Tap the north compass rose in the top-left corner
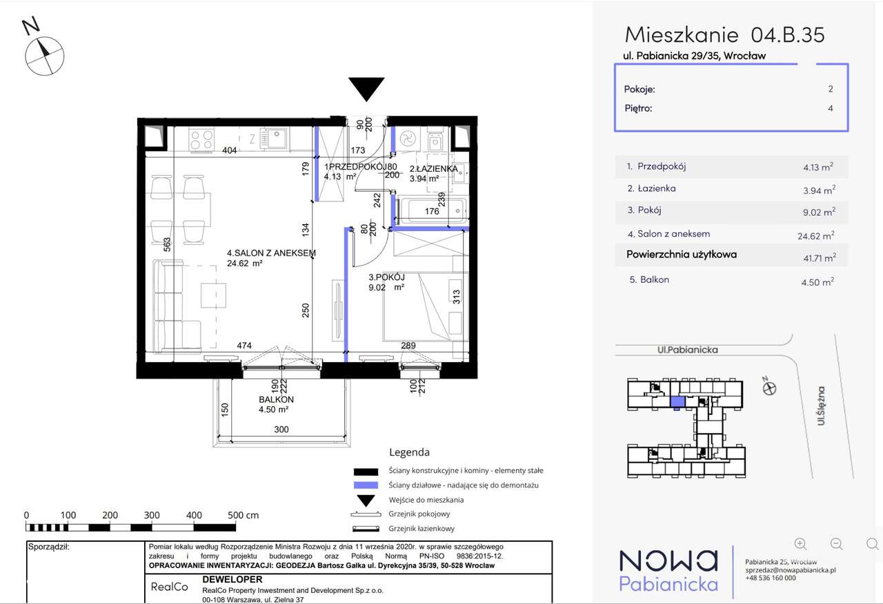[x=44, y=56]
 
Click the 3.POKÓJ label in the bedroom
[x=387, y=277]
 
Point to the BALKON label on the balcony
[x=276, y=399]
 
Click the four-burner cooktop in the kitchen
[x=201, y=140]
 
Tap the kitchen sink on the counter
[x=274, y=139]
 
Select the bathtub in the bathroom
[x=433, y=210]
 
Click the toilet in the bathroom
[x=435, y=140]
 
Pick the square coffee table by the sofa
[x=213, y=295]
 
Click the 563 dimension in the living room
[x=167, y=244]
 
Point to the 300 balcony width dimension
[x=281, y=429]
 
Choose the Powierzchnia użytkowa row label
[x=682, y=254]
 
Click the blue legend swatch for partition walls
[x=366, y=485]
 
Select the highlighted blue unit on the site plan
[x=677, y=402]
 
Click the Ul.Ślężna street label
[x=821, y=406]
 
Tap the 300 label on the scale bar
[x=152, y=515]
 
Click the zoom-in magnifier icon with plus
[x=801, y=544]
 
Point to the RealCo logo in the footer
[x=170, y=587]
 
